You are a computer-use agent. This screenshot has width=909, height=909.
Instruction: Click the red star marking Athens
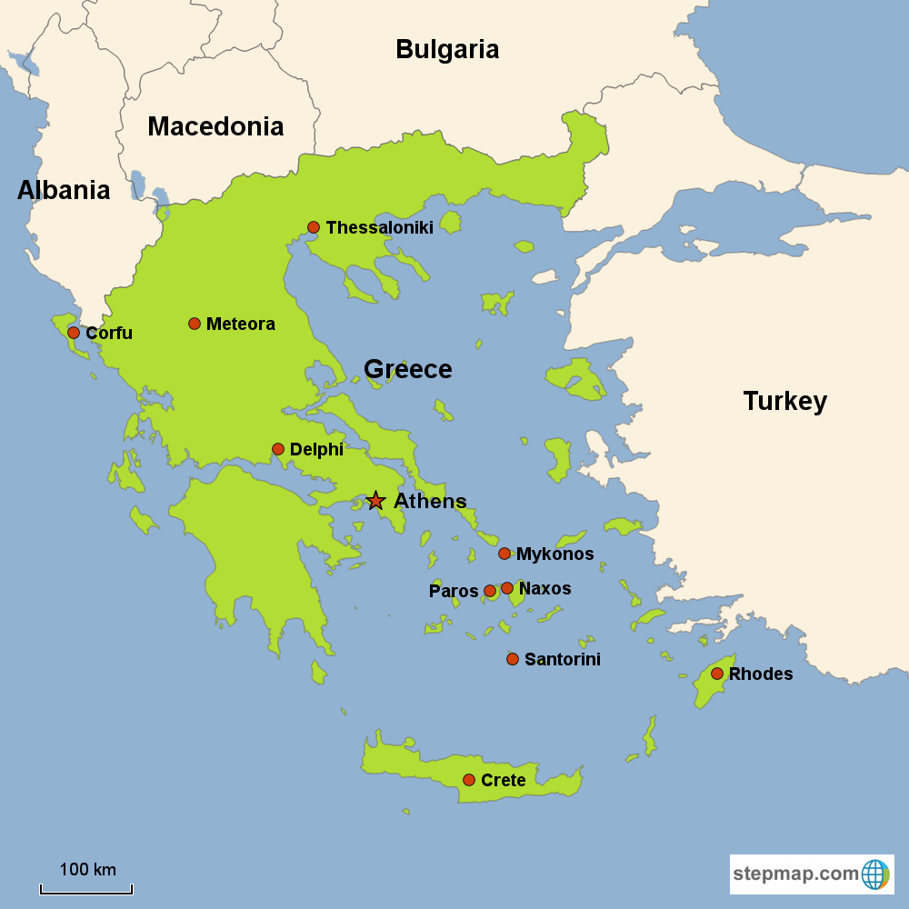point(375,501)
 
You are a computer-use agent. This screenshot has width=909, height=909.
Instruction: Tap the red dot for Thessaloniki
point(314,227)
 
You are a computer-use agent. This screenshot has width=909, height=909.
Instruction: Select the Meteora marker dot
point(195,324)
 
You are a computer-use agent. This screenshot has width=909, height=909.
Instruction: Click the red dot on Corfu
point(74,333)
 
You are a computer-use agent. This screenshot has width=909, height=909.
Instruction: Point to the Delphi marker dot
point(278,449)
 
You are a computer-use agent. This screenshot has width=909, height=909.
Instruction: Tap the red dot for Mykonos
point(504,554)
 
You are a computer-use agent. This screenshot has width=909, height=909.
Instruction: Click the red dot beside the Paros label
point(490,591)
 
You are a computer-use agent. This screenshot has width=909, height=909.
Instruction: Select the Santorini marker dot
point(513,659)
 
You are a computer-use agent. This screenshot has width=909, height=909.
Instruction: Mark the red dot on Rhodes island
point(717,674)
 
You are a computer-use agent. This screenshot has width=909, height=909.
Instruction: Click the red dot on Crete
point(469,780)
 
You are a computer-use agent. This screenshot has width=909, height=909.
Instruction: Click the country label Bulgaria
point(447,49)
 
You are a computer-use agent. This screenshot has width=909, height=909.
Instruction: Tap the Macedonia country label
point(215,126)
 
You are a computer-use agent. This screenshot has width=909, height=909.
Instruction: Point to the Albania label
point(64,190)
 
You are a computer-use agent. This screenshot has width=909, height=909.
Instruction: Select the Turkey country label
point(784,401)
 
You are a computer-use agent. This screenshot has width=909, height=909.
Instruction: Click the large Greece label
point(407,369)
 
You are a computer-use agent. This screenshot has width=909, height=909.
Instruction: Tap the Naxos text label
point(544,588)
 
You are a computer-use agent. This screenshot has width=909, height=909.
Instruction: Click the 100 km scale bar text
point(87,869)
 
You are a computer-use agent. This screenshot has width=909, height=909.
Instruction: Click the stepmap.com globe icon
point(875,874)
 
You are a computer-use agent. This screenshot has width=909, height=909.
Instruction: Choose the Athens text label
point(430,501)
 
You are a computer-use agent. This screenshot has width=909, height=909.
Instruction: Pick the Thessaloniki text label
point(379,227)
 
